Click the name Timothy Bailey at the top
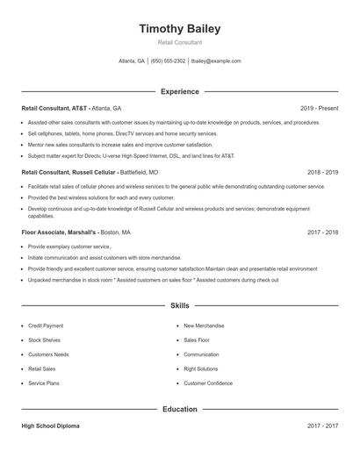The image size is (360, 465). (x=179, y=29)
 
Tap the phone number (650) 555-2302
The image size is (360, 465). (x=168, y=61)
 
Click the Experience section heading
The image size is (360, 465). (x=179, y=91)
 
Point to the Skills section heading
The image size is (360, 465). (x=179, y=306)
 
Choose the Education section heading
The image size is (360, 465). (x=179, y=409)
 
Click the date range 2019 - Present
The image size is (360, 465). (x=319, y=108)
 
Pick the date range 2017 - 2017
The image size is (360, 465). (x=322, y=426)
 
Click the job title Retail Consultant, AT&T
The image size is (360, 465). (x=54, y=108)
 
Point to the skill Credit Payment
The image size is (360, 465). (x=46, y=325)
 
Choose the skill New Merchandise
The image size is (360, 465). (x=204, y=325)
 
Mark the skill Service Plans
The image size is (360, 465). (x=44, y=383)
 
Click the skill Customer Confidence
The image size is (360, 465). (x=208, y=383)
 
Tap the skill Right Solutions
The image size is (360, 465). (x=201, y=368)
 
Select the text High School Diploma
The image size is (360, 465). (x=50, y=426)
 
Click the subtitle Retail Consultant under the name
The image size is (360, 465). (x=179, y=42)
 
